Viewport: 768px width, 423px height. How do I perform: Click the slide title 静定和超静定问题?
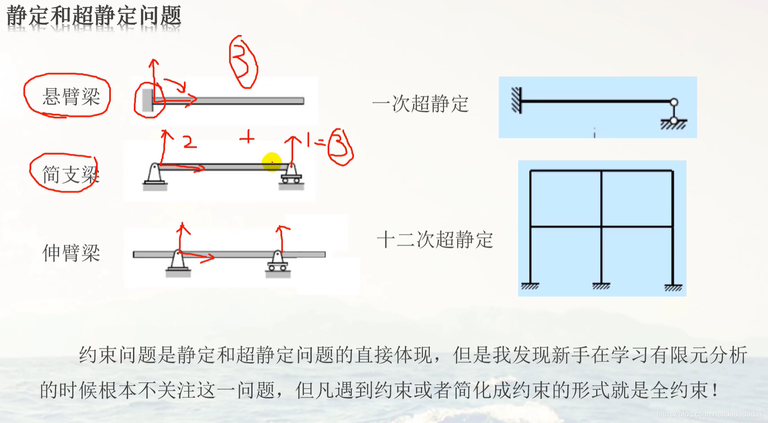[x=94, y=16]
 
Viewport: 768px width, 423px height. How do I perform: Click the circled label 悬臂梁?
[x=71, y=97]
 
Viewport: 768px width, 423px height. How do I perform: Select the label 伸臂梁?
[x=71, y=253]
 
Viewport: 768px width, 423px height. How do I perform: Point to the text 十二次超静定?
[x=435, y=240]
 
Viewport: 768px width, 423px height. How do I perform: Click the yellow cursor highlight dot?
[x=272, y=162]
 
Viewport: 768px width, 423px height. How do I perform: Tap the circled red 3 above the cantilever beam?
[x=243, y=63]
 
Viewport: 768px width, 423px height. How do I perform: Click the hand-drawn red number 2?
[x=189, y=141]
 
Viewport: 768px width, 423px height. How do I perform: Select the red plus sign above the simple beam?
[x=247, y=138]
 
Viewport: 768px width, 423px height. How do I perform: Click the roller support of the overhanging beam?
[x=278, y=262]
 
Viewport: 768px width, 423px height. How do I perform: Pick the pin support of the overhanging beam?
[x=178, y=261]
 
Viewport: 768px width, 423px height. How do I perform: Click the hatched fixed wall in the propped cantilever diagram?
[x=516, y=100]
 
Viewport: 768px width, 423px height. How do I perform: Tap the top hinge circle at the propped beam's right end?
[x=674, y=102]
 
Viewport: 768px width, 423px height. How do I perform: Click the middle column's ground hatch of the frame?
[x=601, y=286]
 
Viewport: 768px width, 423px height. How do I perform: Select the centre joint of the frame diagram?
[x=601, y=227]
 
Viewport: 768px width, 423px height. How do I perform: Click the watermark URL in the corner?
[x=709, y=414]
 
